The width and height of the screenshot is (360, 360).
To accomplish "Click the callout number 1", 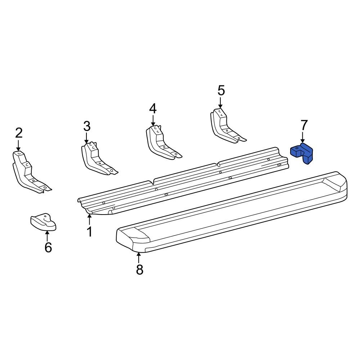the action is pos(89,231).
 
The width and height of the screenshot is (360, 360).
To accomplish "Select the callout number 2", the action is pos(19,133).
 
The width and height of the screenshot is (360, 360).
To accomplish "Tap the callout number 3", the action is pos(87,126).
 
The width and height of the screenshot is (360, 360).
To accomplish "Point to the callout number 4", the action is pos(153,109).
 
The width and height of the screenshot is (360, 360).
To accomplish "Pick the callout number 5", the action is pos(221,90).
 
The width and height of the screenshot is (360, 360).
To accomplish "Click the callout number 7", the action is pos(303,125).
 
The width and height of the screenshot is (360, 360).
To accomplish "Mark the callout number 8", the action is pos(140,269).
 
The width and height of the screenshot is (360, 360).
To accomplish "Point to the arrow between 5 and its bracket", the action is pos(220,102).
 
